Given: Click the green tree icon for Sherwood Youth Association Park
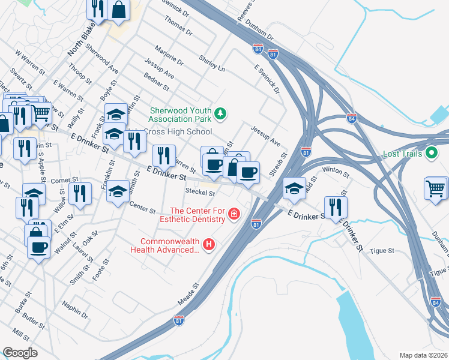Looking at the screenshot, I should (x=221, y=112).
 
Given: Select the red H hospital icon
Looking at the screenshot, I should (x=209, y=244).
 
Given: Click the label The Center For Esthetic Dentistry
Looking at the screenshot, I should (x=198, y=215).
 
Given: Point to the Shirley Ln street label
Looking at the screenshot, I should (x=212, y=65).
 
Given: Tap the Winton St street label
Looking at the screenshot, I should (x=336, y=173).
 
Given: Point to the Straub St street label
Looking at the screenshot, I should (x=280, y=163).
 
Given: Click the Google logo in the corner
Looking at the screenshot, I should (x=20, y=352).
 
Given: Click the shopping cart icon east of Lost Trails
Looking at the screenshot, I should (x=436, y=188).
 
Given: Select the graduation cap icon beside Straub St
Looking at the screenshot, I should (x=294, y=188).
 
